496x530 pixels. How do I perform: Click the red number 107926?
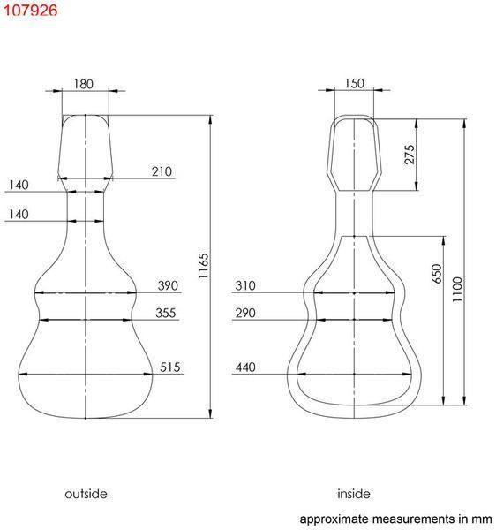point(30,10)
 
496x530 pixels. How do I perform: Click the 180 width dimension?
point(83,84)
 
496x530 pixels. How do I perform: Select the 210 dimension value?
point(162,171)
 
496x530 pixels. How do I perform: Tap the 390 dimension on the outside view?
point(168,285)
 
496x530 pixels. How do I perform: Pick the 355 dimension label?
point(165,313)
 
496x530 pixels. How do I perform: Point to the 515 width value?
point(169,367)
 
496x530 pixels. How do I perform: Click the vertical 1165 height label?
point(203,266)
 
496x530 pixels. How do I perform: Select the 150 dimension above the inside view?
point(354,84)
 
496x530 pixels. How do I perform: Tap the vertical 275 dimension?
point(410,155)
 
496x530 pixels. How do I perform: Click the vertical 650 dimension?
point(437,274)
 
